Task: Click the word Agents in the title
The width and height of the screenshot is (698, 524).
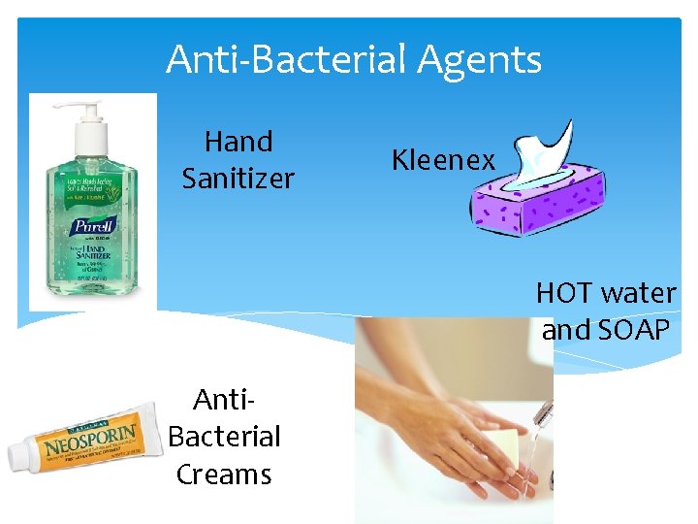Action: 480,61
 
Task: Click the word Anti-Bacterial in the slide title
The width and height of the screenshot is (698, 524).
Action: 287,60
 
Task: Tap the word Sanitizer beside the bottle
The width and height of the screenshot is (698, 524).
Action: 238,179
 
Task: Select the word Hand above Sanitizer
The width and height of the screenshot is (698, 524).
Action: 238,142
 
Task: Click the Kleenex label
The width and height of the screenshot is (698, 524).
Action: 443,160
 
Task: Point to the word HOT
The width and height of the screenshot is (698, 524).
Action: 566,292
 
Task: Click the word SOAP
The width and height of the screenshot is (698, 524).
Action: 634,330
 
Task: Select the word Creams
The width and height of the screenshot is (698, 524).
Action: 224,474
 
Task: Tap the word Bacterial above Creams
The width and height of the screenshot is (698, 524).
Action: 224,436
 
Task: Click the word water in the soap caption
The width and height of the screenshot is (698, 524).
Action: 640,292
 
